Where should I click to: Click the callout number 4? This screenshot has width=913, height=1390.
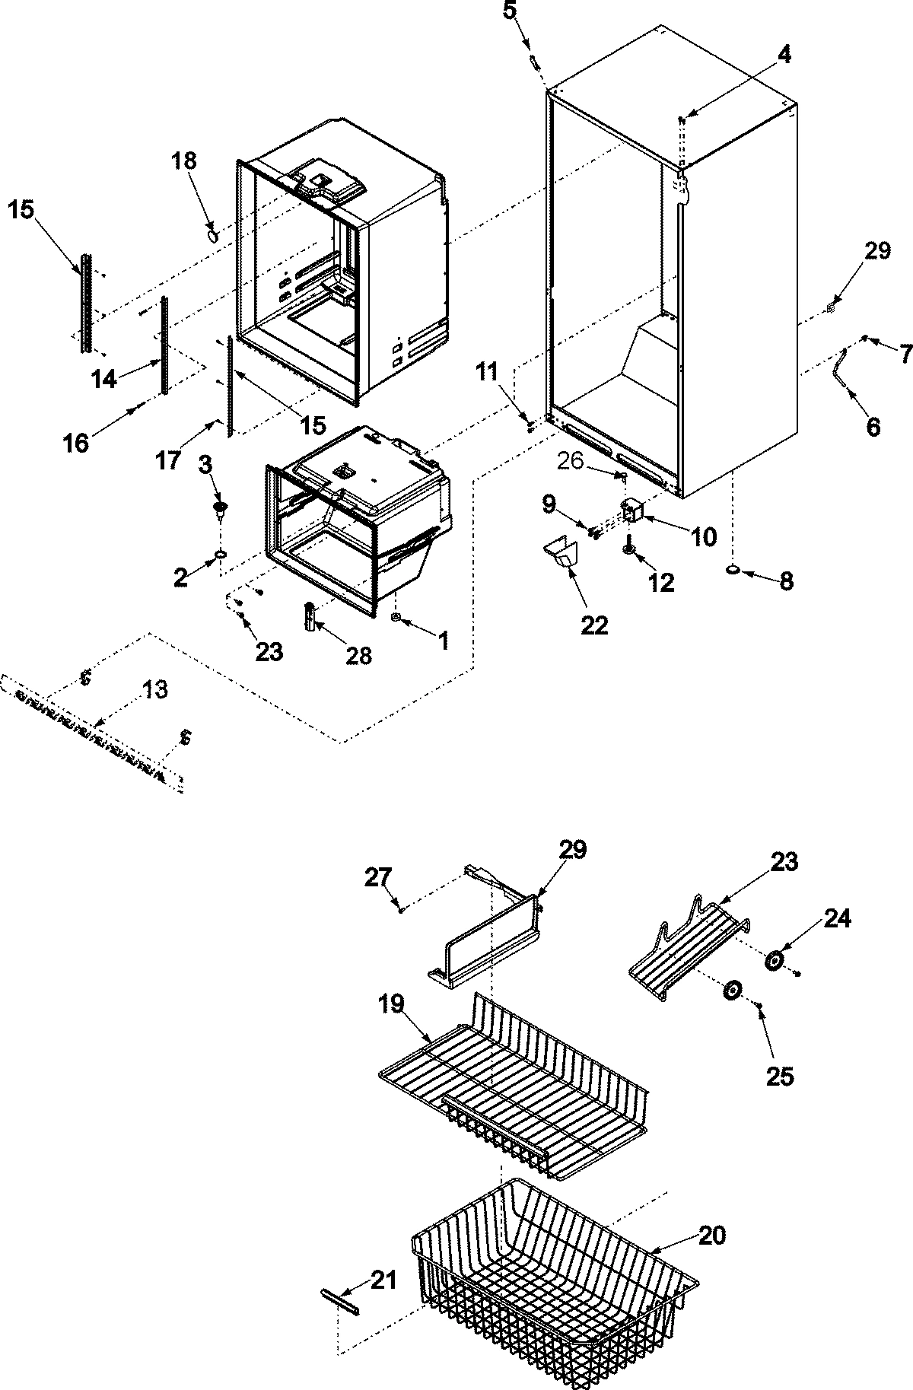tap(784, 54)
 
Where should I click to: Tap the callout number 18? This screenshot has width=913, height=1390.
tap(183, 161)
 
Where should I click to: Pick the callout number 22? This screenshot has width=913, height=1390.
tap(594, 625)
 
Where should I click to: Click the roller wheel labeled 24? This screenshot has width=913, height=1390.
tap(775, 961)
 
